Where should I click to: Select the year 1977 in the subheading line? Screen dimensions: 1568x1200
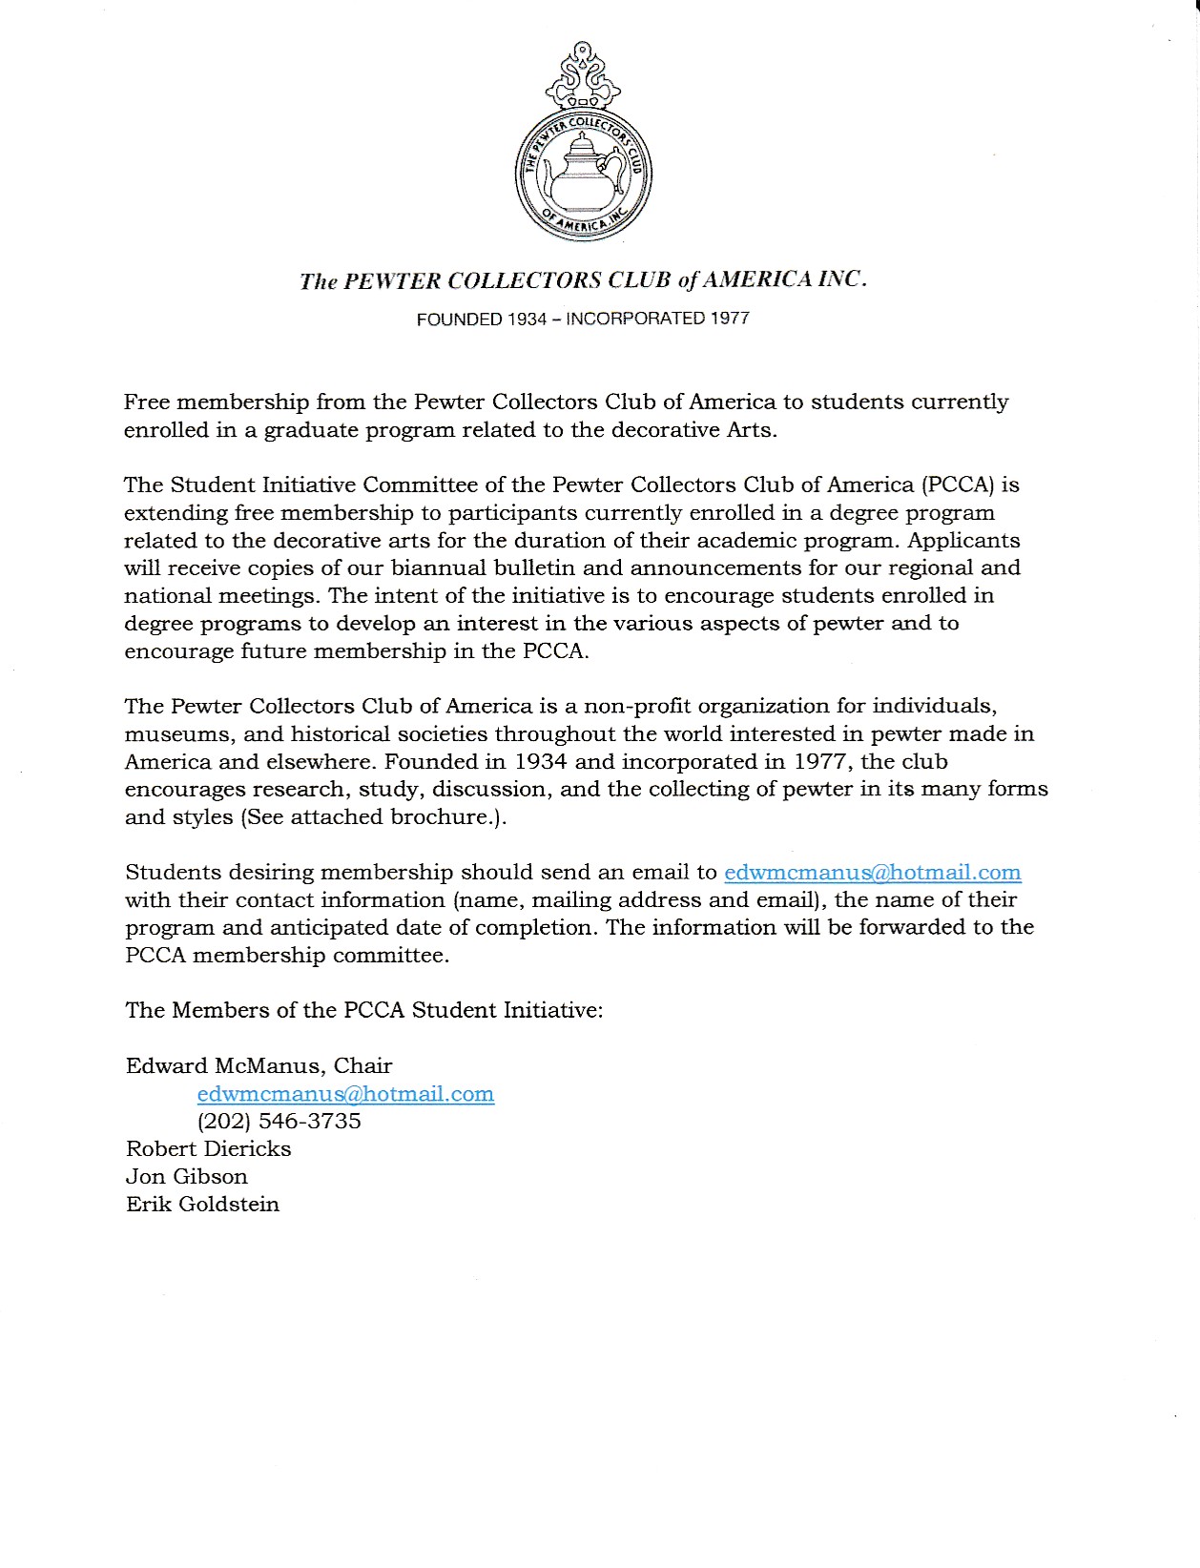730,319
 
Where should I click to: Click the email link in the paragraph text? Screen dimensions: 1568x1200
872,872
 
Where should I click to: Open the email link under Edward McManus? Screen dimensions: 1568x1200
345,1093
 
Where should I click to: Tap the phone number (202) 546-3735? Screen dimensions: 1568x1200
279,1121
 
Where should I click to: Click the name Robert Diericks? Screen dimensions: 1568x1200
208,1148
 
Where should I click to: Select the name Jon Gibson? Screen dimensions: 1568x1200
186,1176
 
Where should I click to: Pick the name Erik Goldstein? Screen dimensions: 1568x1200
202,1204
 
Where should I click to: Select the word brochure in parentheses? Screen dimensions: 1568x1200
439,816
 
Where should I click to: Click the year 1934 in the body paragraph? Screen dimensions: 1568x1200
540,761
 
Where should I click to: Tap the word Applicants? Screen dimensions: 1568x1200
963,540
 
